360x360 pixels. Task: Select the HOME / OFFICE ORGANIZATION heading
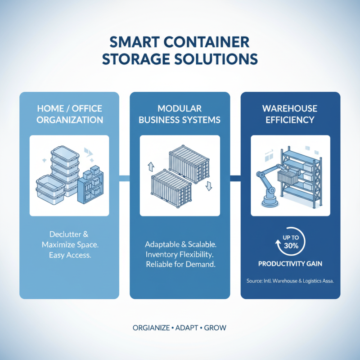pos(69,114)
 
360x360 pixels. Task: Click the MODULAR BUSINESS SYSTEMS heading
pos(180,114)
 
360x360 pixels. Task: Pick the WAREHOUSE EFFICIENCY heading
pos(290,114)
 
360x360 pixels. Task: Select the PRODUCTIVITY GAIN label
pos(290,264)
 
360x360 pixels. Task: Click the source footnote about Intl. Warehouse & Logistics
pos(290,281)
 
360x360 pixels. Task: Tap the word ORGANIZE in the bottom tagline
pos(151,328)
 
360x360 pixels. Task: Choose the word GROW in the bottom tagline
pos(216,328)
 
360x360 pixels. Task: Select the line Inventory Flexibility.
pos(180,254)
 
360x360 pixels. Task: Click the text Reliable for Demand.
pos(180,265)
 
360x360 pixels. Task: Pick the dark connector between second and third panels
pos(235,179)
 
